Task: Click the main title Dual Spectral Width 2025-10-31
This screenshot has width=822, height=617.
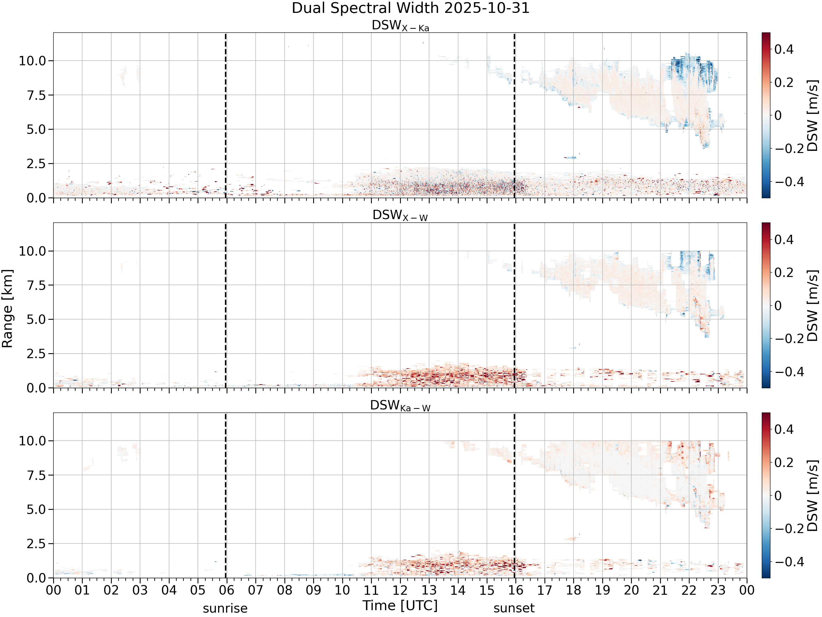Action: click(411, 8)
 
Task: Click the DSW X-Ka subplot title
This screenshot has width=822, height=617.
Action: click(400, 26)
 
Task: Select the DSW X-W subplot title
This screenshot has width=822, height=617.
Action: click(400, 216)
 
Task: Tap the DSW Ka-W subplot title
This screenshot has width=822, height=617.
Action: click(400, 406)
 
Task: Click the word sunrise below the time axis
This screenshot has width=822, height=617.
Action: click(225, 608)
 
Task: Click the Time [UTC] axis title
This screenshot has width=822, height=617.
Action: click(400, 606)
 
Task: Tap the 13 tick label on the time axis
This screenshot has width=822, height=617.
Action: click(429, 590)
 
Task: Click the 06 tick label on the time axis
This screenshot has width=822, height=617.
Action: click(227, 590)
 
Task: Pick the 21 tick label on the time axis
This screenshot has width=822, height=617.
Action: click(660, 590)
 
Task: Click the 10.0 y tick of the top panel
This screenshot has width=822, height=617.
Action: click(32, 61)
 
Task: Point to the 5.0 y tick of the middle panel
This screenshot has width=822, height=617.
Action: click(36, 319)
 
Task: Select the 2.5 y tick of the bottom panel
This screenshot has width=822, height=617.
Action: click(36, 544)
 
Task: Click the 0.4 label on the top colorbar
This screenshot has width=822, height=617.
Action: click(784, 49)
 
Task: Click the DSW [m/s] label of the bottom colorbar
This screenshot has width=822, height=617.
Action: click(813, 496)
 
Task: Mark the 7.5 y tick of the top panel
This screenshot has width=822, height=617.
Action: click(36, 95)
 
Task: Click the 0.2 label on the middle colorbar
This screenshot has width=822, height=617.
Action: click(784, 273)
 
